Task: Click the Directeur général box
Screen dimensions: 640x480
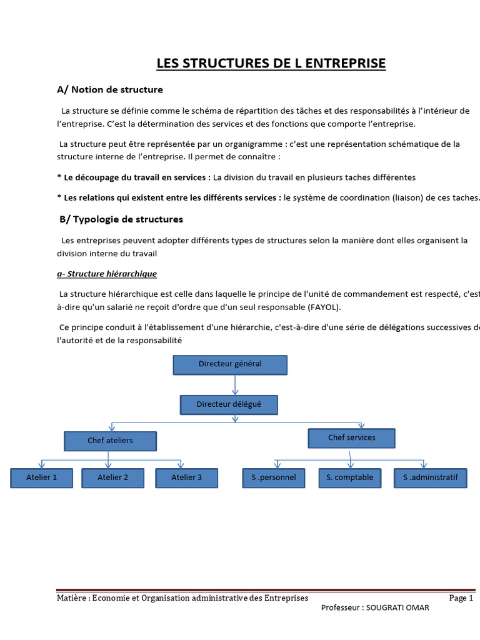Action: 230,364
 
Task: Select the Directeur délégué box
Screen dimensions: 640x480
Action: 229,404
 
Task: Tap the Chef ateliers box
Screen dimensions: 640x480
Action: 110,441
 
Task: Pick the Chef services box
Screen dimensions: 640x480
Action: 352,438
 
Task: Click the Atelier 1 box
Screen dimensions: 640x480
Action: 42,477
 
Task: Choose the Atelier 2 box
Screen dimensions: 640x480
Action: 113,477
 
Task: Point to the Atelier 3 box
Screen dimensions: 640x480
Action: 187,477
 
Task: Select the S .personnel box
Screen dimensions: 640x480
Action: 274,477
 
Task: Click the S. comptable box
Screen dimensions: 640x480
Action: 349,477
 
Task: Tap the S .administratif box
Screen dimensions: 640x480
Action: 431,477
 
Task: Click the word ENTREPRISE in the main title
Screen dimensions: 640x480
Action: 347,63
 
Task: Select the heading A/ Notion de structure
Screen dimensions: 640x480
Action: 110,89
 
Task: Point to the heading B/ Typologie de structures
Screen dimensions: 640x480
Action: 121,219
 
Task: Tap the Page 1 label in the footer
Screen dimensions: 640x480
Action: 461,598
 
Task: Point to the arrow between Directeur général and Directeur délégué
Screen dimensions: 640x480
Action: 229,385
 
